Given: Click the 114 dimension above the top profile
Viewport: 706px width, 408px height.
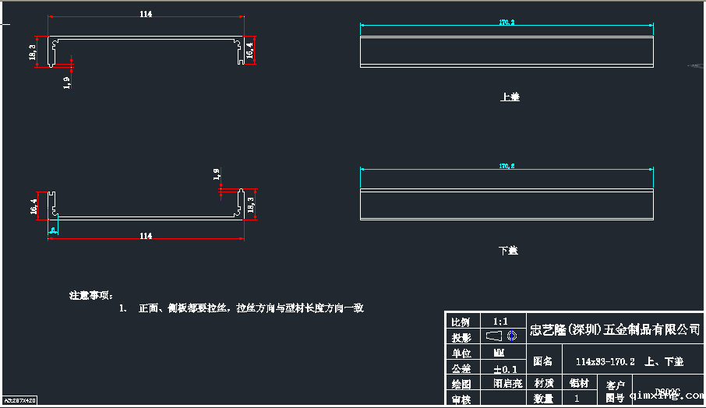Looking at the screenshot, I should (x=146, y=14).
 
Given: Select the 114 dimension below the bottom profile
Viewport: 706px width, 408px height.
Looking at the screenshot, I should (x=146, y=235).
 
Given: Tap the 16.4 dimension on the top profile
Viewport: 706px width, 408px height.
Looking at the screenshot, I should (x=249, y=51).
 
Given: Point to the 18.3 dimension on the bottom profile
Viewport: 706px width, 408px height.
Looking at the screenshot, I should (x=249, y=205).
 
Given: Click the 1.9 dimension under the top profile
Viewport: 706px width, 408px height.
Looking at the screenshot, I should (x=67, y=82).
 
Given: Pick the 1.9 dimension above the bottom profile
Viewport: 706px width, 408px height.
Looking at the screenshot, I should (x=217, y=174).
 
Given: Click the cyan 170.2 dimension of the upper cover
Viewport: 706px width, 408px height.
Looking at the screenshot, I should (x=507, y=23).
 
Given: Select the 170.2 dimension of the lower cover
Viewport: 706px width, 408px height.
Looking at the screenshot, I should (x=507, y=167).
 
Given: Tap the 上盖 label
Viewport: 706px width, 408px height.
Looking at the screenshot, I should (x=510, y=97).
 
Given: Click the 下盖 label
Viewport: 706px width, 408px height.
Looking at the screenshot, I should (x=508, y=251).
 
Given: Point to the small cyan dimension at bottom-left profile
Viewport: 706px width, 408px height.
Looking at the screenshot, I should (x=52, y=230).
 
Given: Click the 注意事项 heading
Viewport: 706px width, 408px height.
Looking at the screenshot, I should (x=91, y=296).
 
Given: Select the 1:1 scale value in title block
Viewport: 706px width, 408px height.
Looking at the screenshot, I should (x=500, y=321).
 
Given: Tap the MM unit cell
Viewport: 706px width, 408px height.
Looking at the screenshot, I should (x=499, y=353).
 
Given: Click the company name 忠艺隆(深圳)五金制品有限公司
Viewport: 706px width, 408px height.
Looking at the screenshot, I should (x=614, y=329).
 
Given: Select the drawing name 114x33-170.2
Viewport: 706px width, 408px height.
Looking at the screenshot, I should (x=605, y=362).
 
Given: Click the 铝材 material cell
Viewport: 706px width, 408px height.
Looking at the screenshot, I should (x=579, y=383).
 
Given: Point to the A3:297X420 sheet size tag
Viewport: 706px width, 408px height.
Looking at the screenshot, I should (x=19, y=400).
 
